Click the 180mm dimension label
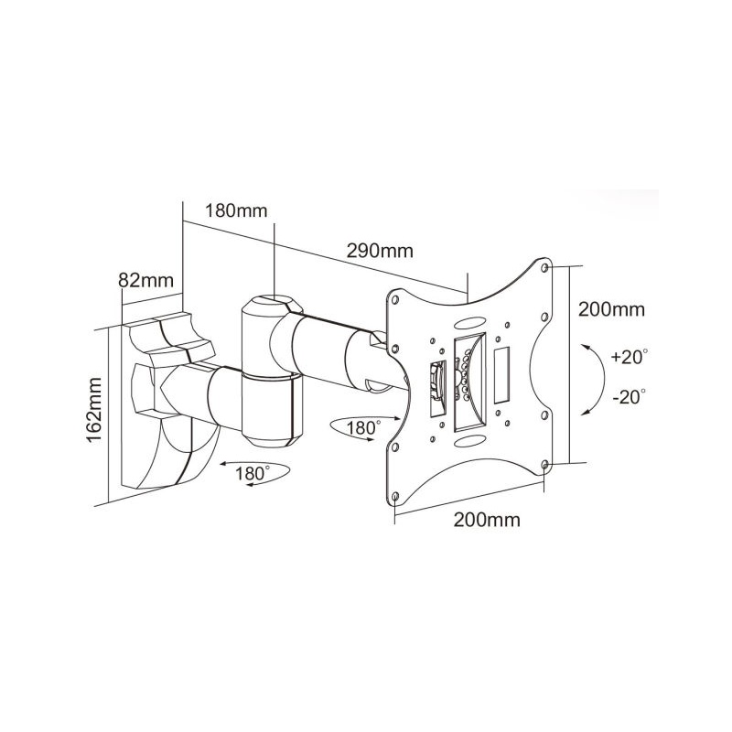(236, 211)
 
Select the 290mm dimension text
(380, 251)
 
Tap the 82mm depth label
(145, 280)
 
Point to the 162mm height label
(94, 410)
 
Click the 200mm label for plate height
(611, 309)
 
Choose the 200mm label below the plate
(487, 520)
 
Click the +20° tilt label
(630, 357)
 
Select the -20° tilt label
(630, 397)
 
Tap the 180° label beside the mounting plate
(363, 427)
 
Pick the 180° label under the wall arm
(253, 473)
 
